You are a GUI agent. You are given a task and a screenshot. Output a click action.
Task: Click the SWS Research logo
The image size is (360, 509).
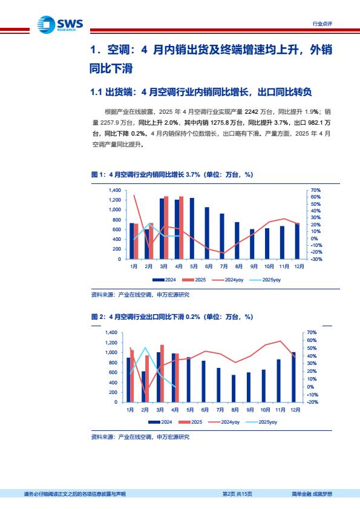click(61, 25)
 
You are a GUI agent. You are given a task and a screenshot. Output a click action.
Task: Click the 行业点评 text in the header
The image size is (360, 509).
click(322, 24)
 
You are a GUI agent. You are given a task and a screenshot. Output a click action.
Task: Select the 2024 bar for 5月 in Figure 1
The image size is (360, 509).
click(192, 228)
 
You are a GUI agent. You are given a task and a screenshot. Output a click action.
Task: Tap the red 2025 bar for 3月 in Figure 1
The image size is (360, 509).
click(166, 228)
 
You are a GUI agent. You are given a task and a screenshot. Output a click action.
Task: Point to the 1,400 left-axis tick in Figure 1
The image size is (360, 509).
click(115, 190)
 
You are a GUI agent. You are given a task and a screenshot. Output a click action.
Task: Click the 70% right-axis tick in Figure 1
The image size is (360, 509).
click(315, 190)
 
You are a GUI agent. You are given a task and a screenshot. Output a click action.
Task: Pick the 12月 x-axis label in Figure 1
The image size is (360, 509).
click(299, 266)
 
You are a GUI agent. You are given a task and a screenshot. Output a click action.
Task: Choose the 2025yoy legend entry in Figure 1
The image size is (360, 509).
click(265, 280)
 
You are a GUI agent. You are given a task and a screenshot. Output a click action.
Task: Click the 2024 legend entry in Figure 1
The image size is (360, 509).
click(164, 280)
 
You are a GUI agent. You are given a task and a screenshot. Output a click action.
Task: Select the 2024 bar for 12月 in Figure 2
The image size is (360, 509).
click(294, 377)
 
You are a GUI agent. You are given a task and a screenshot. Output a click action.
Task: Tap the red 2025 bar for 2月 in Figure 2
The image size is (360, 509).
click(147, 379)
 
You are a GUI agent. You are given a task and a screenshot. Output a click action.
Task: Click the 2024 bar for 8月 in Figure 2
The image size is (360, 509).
click(234, 389)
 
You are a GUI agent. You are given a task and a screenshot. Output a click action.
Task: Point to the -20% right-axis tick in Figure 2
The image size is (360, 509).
click(312, 402)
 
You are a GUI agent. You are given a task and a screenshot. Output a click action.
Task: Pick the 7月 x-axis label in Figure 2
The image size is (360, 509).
click(220, 410)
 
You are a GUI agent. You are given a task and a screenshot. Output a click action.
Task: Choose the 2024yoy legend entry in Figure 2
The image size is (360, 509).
click(224, 422)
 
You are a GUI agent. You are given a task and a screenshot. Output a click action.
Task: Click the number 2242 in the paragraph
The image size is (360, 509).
click(251, 112)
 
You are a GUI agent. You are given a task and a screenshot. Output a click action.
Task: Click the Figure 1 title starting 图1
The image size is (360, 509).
click(172, 175)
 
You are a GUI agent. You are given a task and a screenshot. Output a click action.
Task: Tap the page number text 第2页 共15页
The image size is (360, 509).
click(237, 494)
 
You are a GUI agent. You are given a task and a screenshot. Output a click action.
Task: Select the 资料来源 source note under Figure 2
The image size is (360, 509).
click(140, 437)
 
